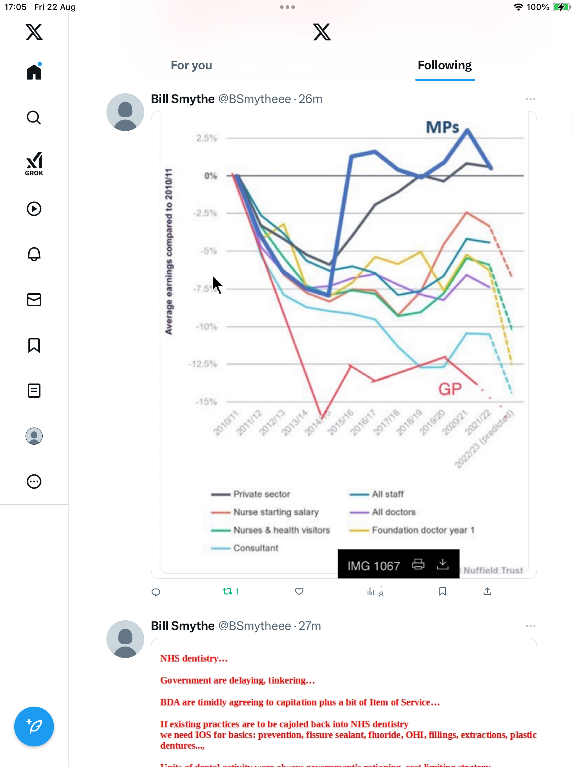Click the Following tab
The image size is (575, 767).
click(444, 65)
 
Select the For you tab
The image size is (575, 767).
click(191, 65)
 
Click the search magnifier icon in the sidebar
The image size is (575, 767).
click(34, 118)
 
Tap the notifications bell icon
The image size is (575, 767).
click(34, 254)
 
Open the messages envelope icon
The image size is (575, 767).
click(34, 300)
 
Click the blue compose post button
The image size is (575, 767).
click(34, 726)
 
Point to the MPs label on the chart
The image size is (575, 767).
click(442, 127)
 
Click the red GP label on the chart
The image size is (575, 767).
click(450, 389)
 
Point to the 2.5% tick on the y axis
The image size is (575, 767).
click(207, 138)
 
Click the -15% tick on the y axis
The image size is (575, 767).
click(206, 402)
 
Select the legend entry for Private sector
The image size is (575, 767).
click(262, 494)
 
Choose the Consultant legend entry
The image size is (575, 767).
click(256, 548)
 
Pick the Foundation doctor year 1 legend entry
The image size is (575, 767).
click(423, 530)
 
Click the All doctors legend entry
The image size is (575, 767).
click(394, 512)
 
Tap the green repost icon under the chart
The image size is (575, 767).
click(228, 591)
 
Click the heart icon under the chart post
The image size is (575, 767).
click(299, 591)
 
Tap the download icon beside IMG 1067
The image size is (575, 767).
click(443, 564)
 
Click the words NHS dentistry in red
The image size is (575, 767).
click(194, 658)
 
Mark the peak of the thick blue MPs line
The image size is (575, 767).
click(467, 131)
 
